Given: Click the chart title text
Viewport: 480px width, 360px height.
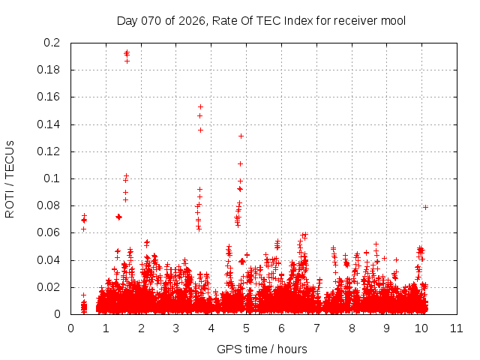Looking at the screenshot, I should click(261, 20).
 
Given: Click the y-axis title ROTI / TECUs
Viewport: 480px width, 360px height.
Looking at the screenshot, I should click(10, 178).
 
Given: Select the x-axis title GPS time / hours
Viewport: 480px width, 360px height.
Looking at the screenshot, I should click(262, 349).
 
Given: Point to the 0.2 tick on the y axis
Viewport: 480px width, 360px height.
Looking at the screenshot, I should click(53, 43).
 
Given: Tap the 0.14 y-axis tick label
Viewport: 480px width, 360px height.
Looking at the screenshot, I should click(50, 124).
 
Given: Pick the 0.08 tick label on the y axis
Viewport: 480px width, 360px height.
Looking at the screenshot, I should click(50, 205).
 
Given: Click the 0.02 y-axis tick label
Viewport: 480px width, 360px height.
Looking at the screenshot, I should click(50, 287).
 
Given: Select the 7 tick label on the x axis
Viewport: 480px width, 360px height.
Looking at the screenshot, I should click(316, 328).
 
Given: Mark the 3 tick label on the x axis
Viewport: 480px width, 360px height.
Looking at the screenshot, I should click(176, 328).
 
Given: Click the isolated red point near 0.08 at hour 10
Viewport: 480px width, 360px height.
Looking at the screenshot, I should click(425, 207).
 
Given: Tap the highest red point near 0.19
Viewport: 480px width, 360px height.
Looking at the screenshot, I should click(127, 52).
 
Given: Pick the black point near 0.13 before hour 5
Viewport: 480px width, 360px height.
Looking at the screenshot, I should click(241, 136).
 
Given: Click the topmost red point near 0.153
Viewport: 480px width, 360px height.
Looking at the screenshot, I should click(200, 106).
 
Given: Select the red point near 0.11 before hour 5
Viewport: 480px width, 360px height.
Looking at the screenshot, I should click(241, 163).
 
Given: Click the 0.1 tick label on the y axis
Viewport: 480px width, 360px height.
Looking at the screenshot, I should click(53, 178).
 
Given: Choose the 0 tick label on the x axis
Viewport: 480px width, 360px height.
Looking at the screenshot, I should click(71, 328).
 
